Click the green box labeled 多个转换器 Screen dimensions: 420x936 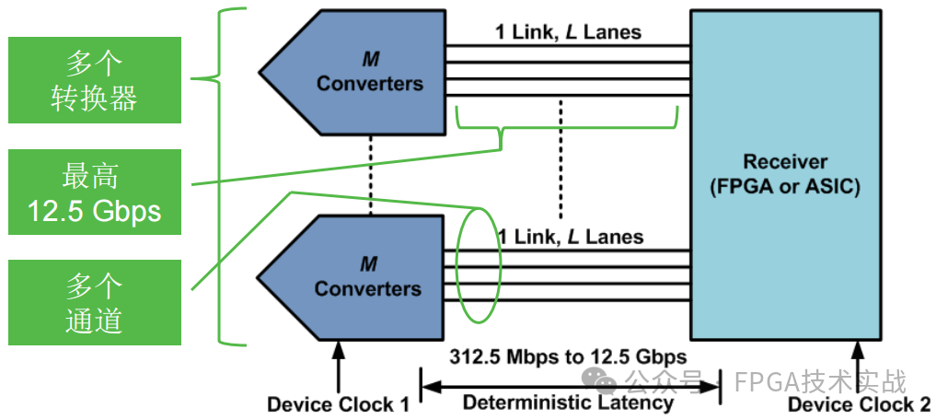[x=95, y=80]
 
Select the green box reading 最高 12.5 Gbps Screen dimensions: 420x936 [x=95, y=192]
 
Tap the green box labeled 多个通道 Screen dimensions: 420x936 [x=95, y=302]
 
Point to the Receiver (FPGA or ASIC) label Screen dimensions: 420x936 [x=785, y=174]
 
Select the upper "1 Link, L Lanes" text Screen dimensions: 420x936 [x=568, y=32]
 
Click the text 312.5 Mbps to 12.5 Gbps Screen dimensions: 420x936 [x=568, y=356]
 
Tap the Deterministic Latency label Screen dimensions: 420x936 [x=568, y=402]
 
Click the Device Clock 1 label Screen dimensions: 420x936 [x=338, y=404]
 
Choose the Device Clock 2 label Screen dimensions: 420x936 [x=859, y=404]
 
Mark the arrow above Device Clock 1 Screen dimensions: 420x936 [x=338, y=367]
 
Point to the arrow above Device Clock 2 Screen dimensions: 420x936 [x=859, y=367]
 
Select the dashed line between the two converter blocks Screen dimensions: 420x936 [x=370, y=175]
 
